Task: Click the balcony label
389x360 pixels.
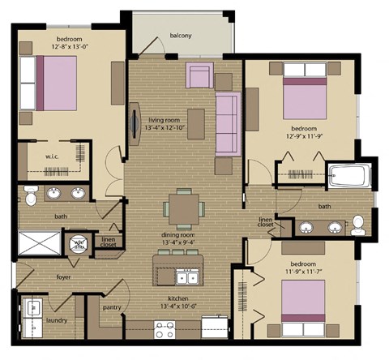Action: pyautogui.click(x=180, y=35)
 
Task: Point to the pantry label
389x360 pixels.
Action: pyautogui.click(x=112, y=307)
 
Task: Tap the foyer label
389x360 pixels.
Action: pyautogui.click(x=64, y=276)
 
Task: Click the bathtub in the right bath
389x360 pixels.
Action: pyautogui.click(x=349, y=178)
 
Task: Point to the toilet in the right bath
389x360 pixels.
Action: pyautogui.click(x=357, y=221)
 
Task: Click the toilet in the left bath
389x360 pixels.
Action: pyautogui.click(x=30, y=195)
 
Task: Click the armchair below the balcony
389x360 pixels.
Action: pyautogui.click(x=199, y=75)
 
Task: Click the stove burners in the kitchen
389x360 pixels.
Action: pyautogui.click(x=165, y=330)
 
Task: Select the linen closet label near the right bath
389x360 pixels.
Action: pyautogui.click(x=266, y=221)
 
